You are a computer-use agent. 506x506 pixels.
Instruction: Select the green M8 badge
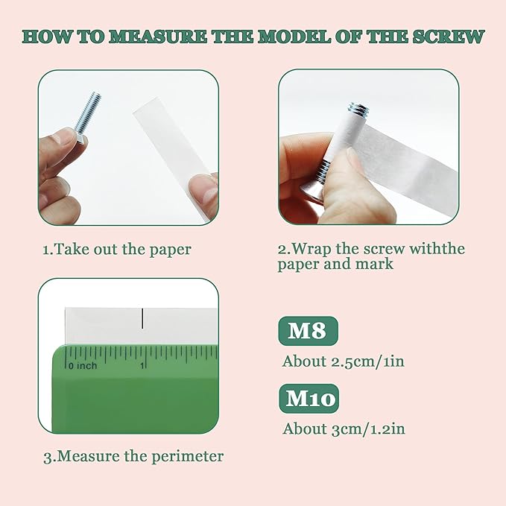[x=309, y=330]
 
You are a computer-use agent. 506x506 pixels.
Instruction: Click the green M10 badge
[x=309, y=398]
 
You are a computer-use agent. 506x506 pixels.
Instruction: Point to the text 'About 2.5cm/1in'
[x=343, y=361]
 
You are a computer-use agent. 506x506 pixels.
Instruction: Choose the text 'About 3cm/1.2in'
[x=344, y=429]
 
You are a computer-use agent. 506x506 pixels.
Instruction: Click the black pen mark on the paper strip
[x=142, y=318]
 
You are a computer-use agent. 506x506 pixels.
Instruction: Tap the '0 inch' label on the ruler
[x=83, y=366]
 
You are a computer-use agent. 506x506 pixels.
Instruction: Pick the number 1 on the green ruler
[x=142, y=366]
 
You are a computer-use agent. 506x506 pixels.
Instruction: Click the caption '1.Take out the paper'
[x=117, y=250]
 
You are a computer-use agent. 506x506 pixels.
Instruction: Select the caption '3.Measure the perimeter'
[x=133, y=457]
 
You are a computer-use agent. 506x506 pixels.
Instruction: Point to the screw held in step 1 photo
[x=86, y=116]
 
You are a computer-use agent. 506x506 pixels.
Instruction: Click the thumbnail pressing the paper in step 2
[x=352, y=158]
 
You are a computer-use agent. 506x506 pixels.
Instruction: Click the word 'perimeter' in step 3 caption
[x=188, y=458]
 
